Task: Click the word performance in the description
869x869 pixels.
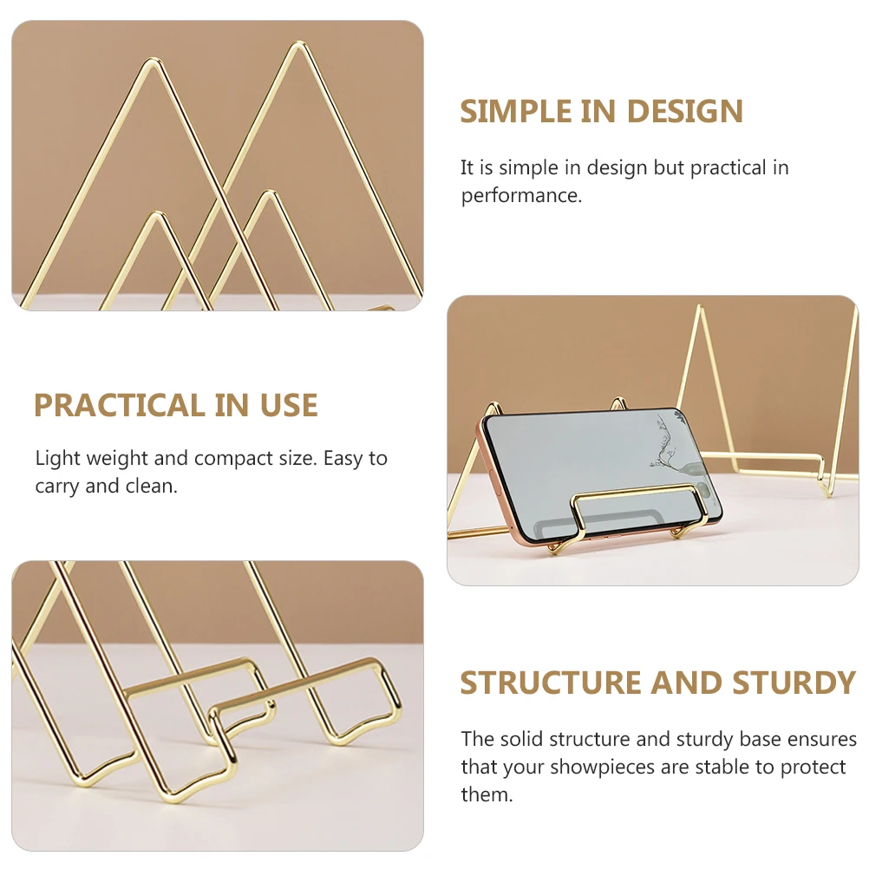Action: point(520,196)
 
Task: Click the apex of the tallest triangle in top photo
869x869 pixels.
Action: point(299,43)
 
